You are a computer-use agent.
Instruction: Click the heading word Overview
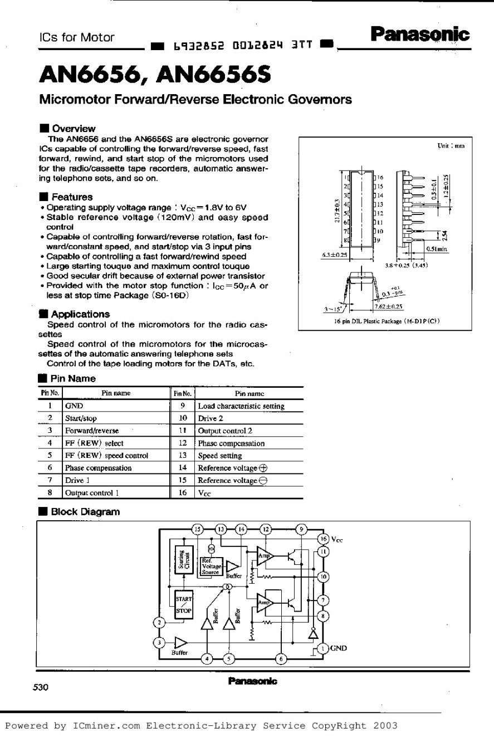tap(74, 129)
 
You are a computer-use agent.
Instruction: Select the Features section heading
tap(72, 197)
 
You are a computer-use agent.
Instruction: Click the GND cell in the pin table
tap(74, 406)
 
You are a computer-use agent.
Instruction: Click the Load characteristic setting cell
tap(241, 406)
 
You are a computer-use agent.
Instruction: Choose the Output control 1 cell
tap(92, 493)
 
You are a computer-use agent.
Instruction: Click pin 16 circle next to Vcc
tap(323, 539)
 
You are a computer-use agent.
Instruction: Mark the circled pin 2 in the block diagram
tap(160, 622)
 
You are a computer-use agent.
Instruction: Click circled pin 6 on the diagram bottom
tap(282, 658)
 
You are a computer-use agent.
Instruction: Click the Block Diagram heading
tap(85, 511)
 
